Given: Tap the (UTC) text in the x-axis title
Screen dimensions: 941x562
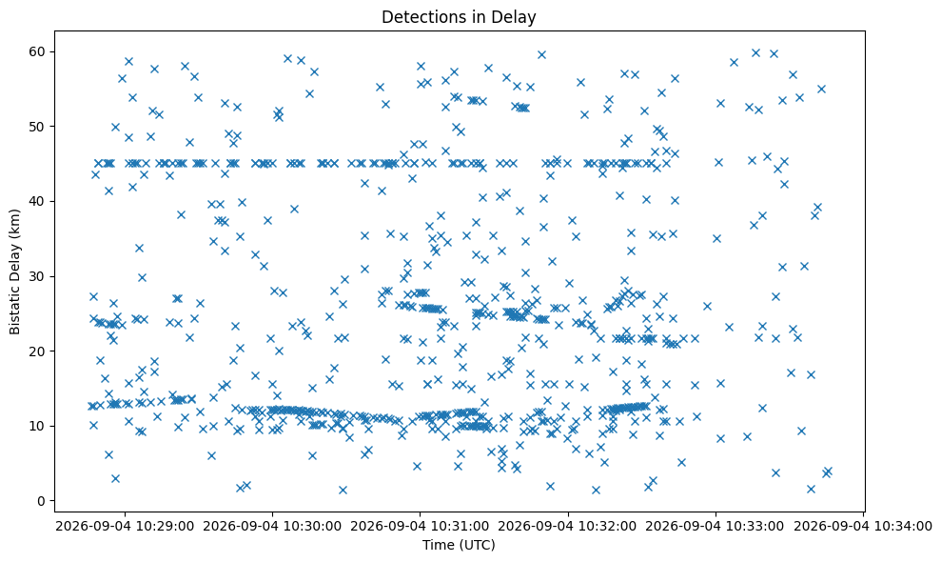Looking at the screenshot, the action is point(475,545).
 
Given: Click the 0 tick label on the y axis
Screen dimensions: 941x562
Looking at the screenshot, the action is point(42,501).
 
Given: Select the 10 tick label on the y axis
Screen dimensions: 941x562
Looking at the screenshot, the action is point(37,426).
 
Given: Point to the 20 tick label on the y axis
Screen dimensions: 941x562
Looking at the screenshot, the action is point(37,351).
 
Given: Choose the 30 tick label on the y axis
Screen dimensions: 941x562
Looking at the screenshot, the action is point(37,276).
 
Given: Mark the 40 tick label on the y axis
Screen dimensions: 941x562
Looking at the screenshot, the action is point(37,201).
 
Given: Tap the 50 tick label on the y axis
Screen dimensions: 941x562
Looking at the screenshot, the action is point(37,127).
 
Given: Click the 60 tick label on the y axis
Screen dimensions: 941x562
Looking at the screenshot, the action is point(37,51).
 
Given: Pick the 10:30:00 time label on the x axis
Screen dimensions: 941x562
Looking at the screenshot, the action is point(313,527).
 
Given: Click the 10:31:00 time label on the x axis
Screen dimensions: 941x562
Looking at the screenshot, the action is point(460,527).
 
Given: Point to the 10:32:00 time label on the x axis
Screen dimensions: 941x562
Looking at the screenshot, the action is point(608,527).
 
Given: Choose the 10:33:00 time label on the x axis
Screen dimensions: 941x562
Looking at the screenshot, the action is point(755,527).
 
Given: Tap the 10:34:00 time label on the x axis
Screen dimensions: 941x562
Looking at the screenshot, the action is point(903,527).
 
